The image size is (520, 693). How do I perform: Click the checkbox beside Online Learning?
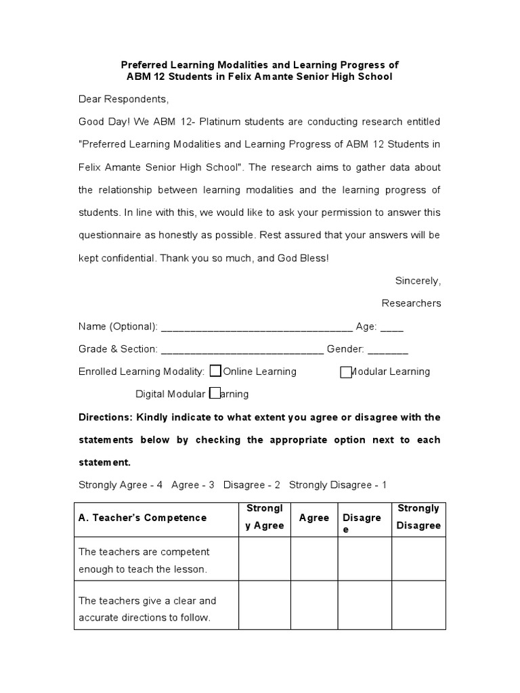pyautogui.click(x=215, y=371)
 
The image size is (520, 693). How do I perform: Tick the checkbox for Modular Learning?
pyautogui.click(x=346, y=372)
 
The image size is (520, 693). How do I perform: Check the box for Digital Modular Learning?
pyautogui.click(x=215, y=393)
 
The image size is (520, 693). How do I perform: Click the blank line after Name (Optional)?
pyautogui.click(x=256, y=328)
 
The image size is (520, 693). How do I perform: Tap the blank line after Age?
pyautogui.click(x=392, y=328)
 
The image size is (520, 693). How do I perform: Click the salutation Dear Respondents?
pyautogui.click(x=123, y=99)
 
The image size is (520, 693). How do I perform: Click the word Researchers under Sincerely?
pyautogui.click(x=411, y=303)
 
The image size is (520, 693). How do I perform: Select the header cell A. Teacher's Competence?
pyautogui.click(x=143, y=518)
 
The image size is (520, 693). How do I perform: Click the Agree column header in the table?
pyautogui.click(x=314, y=518)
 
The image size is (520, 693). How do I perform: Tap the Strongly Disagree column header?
pyautogui.click(x=418, y=517)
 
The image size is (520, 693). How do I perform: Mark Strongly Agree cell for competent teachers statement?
pyautogui.click(x=265, y=559)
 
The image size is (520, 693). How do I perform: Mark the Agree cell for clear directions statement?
pyautogui.click(x=314, y=605)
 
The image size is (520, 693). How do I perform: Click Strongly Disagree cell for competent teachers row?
pyautogui.click(x=418, y=559)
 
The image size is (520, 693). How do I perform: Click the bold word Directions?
pyautogui.click(x=105, y=417)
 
